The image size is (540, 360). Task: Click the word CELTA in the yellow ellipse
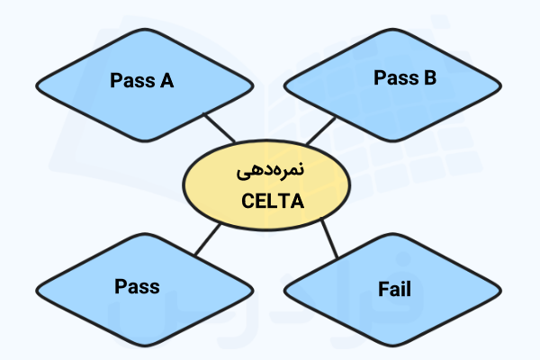273,202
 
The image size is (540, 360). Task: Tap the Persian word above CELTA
274,172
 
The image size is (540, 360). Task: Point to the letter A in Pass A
166,81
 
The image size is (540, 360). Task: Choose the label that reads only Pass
137,287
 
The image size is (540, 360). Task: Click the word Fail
394,290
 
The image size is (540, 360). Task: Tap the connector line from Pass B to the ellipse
320,131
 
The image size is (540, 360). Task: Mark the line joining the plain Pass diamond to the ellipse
208,238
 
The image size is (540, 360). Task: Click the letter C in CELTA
249,202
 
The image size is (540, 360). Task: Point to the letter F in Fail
381,290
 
